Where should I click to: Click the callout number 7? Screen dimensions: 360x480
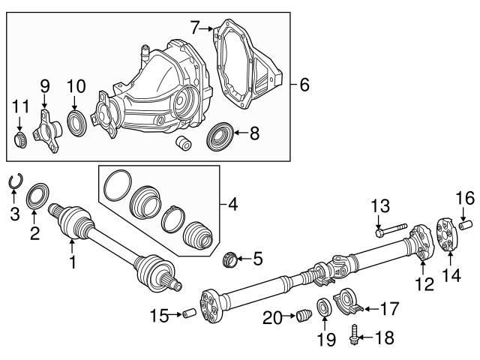(194, 28)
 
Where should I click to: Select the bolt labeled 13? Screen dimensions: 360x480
(388, 229)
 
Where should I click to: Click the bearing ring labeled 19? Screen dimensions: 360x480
(324, 307)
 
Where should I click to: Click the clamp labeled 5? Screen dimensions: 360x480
(229, 260)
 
